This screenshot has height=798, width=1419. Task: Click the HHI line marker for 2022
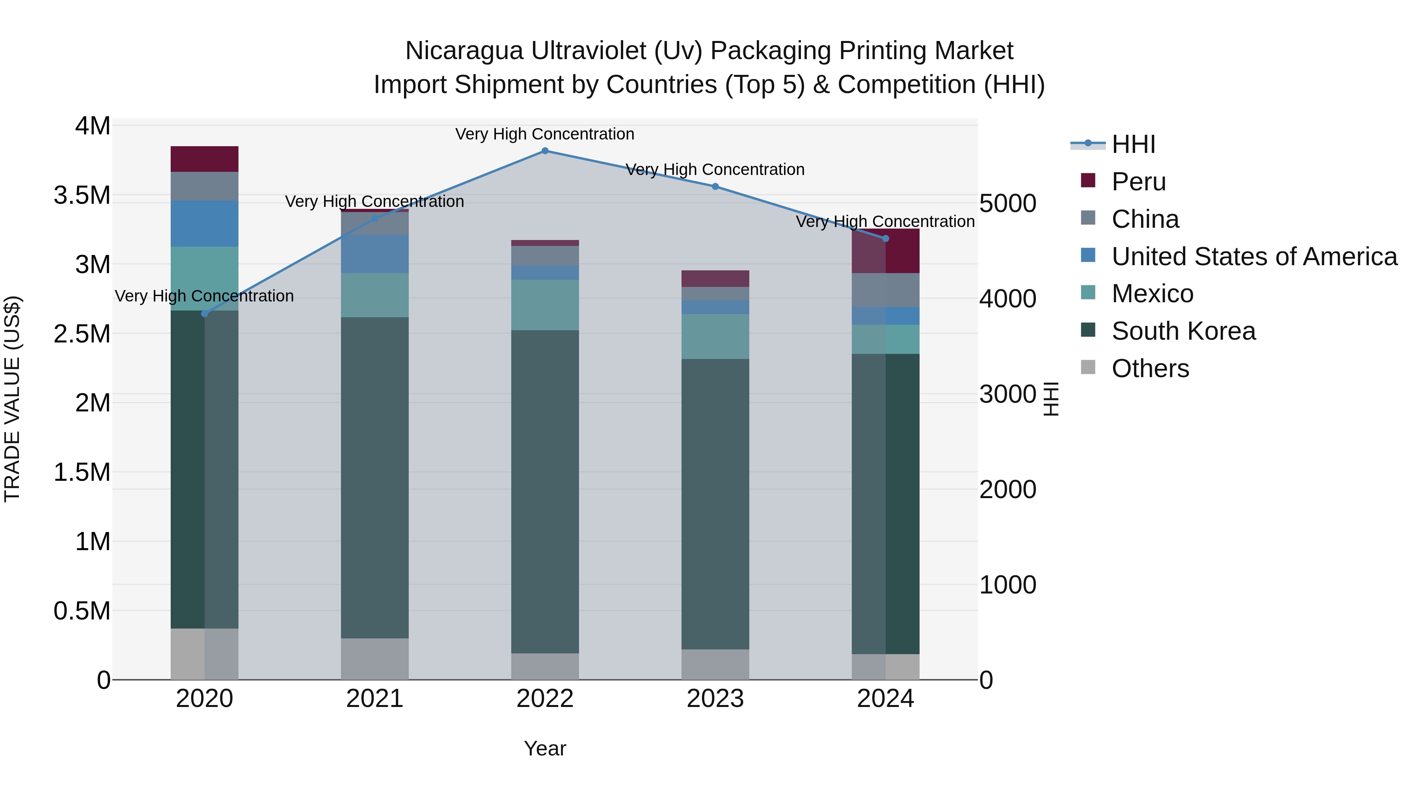(x=545, y=151)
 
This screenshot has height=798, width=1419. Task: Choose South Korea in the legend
(x=1183, y=331)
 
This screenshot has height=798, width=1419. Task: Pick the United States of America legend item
(x=1254, y=257)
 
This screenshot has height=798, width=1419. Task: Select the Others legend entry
(x=1150, y=368)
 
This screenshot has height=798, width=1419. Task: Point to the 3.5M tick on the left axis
(x=82, y=195)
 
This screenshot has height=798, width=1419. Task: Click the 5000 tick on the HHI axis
(x=1007, y=203)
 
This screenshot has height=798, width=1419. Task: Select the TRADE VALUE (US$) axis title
(x=12, y=399)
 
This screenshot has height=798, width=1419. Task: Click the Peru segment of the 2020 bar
(x=204, y=159)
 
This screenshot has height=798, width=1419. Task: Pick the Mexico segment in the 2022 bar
(x=545, y=305)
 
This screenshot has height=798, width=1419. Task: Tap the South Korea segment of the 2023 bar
(x=715, y=504)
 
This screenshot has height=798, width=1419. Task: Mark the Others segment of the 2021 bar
(x=374, y=658)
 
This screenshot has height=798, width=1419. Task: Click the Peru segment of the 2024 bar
(x=885, y=251)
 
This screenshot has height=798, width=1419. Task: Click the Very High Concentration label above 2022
(x=545, y=134)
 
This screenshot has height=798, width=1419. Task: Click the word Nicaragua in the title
(x=464, y=51)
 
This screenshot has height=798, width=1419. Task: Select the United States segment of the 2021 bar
(x=374, y=254)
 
